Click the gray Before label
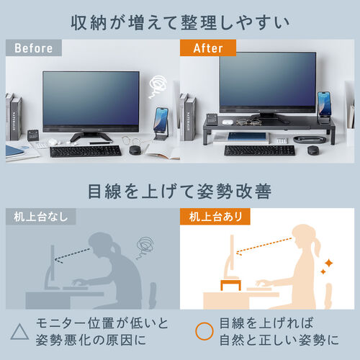click(33, 49)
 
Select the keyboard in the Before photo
click(84, 151)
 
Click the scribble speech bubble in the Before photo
click(157, 88)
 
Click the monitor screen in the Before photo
click(90, 100)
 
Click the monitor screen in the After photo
click(266, 82)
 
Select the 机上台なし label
click(33, 216)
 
